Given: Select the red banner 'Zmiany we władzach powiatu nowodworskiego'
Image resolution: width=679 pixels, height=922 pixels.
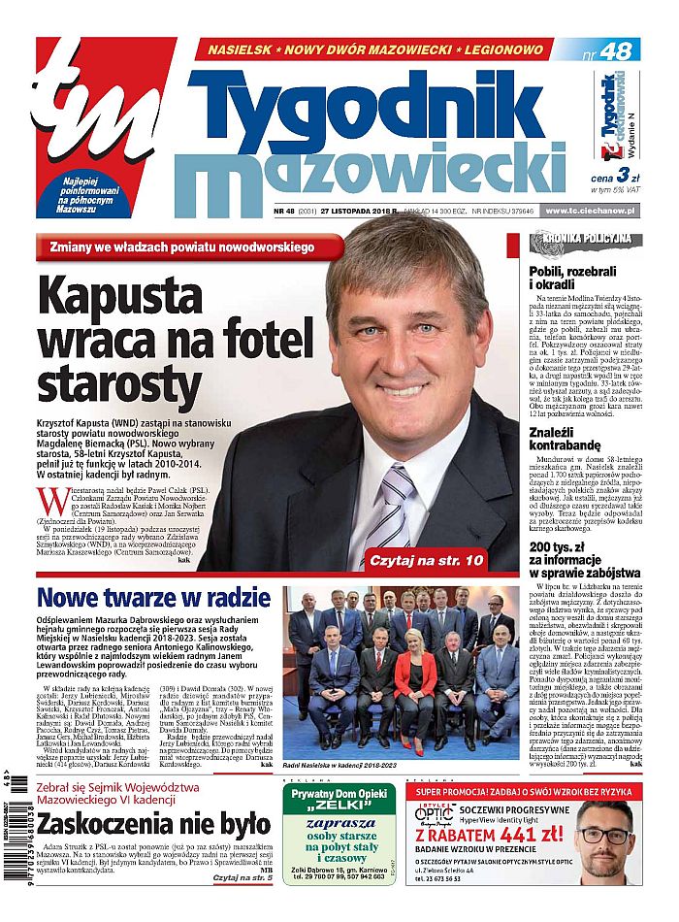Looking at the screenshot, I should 188,247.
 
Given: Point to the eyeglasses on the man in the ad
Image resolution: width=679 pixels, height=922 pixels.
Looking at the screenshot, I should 602,835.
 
